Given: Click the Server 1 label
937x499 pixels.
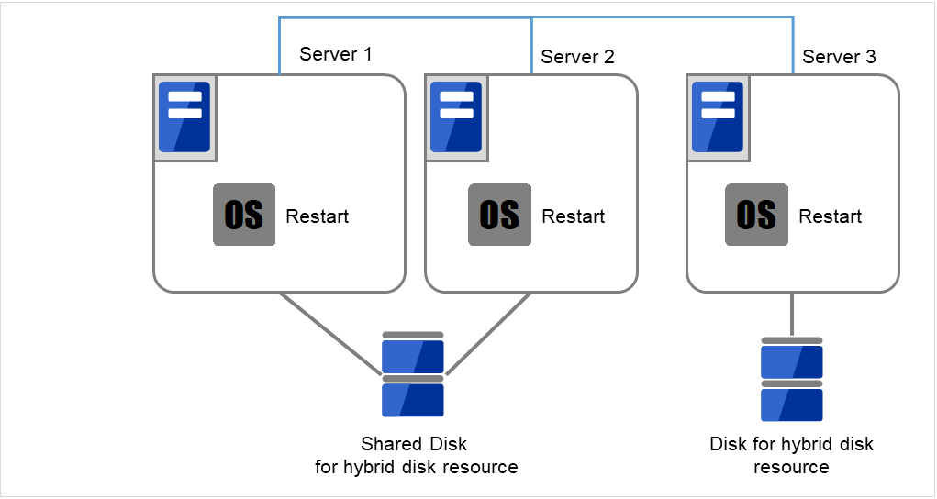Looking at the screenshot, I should (x=335, y=54).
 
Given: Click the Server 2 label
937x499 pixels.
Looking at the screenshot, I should (x=577, y=57).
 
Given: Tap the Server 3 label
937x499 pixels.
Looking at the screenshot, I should (x=839, y=57).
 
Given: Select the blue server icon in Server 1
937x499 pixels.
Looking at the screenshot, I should (x=184, y=117).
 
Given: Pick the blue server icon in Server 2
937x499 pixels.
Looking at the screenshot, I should (x=456, y=117).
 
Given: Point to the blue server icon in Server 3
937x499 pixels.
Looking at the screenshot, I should (x=717, y=117).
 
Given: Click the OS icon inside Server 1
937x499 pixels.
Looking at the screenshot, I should (x=243, y=215).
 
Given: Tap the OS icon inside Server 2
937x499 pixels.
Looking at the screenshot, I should (x=499, y=215).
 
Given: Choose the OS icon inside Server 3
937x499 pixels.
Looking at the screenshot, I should (x=756, y=215).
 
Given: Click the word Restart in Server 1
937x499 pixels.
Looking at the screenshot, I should (x=318, y=217).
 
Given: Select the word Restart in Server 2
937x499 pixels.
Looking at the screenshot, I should (x=574, y=217).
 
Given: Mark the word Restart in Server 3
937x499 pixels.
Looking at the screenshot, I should (x=831, y=217).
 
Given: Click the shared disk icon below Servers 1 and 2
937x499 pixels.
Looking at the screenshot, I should (x=413, y=374).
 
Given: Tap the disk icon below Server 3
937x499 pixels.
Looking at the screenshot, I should (x=792, y=379).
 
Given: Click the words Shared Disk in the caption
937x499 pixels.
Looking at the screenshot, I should (x=414, y=444).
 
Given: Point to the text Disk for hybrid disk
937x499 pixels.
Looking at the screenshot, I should (x=791, y=444).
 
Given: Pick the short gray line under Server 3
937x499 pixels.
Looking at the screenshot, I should (x=792, y=315).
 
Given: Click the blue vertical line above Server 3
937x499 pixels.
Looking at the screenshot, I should (x=793, y=46).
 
